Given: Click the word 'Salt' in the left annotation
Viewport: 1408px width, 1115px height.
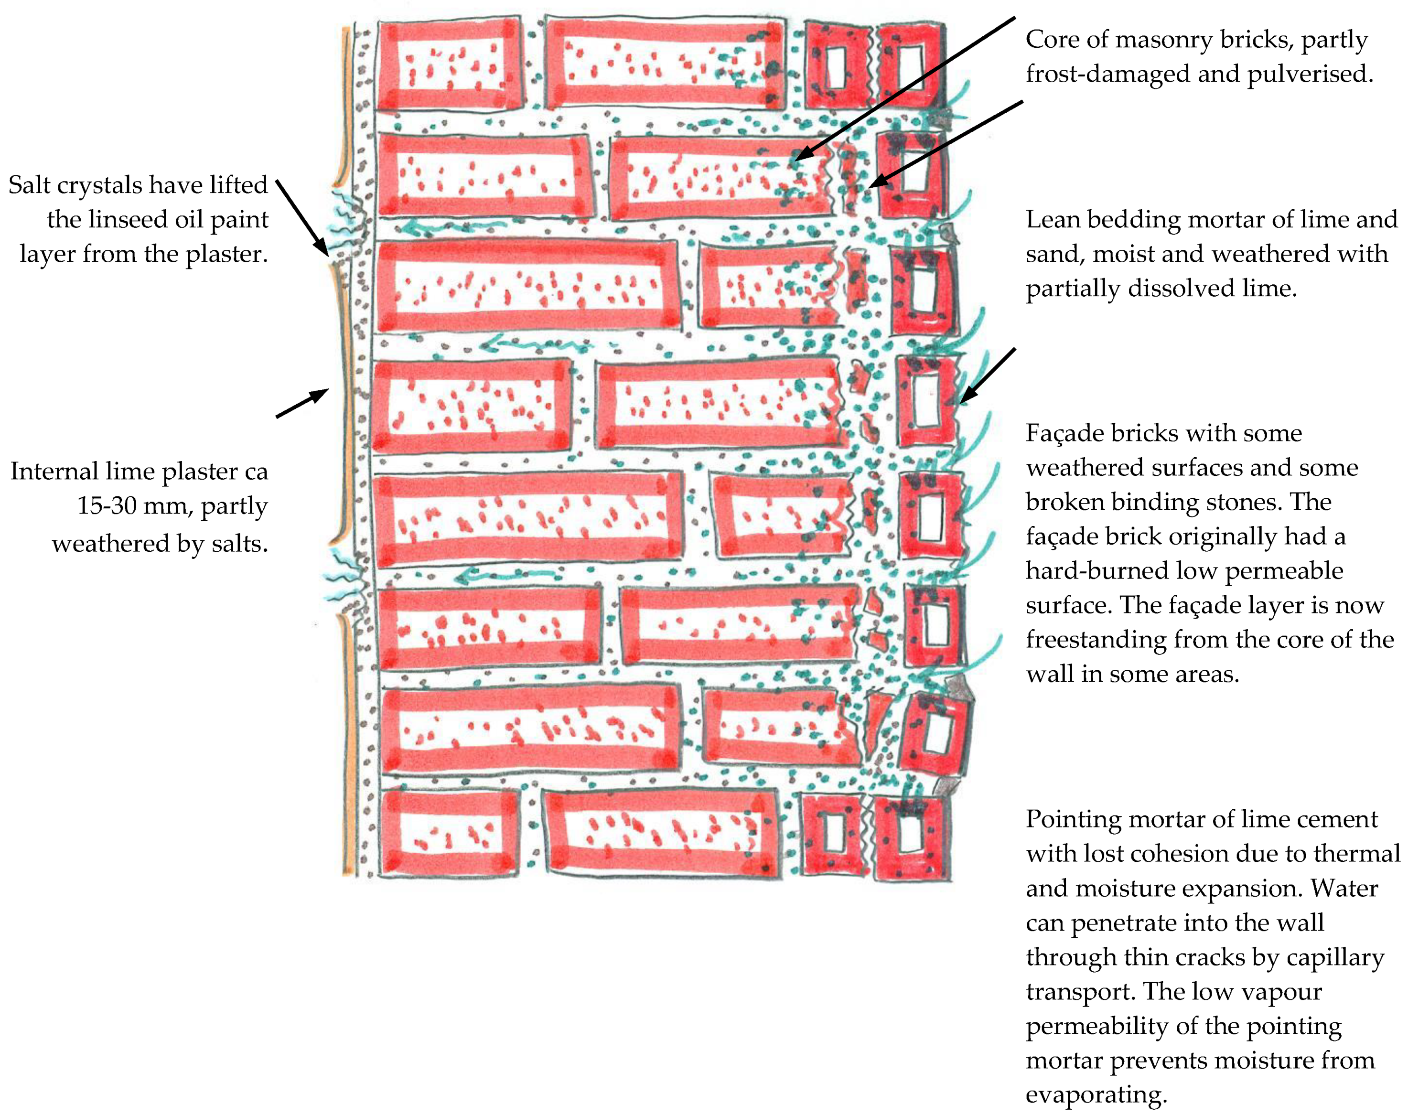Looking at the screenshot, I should pyautogui.click(x=29, y=185).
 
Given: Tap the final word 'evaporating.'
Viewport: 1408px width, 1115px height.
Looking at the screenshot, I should pyautogui.click(x=1096, y=1095).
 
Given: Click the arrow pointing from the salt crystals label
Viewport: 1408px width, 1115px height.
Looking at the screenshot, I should pyautogui.click(x=301, y=217).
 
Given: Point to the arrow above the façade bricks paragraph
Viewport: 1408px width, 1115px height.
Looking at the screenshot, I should pyautogui.click(x=987, y=375).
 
